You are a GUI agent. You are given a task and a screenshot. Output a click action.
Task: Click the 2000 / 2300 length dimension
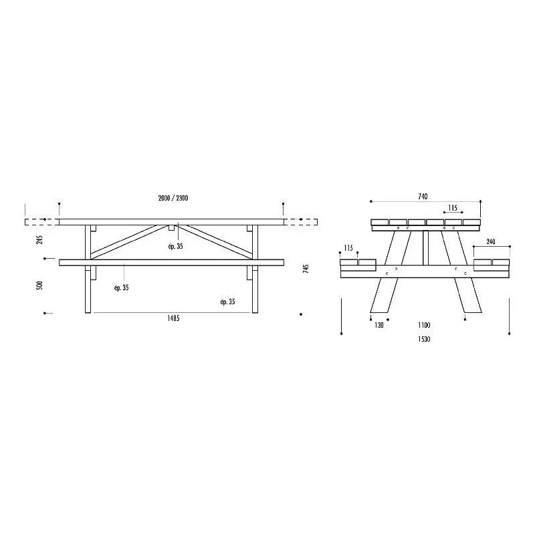coord(173,198)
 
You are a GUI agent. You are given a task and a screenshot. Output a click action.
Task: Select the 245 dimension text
coord(40,239)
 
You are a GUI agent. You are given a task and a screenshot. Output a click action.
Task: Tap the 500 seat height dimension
coord(40,286)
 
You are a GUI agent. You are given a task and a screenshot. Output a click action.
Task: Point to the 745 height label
coord(306,269)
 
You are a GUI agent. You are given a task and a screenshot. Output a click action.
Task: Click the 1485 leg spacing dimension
coord(173,318)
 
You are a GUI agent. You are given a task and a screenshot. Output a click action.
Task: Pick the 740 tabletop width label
coord(423,197)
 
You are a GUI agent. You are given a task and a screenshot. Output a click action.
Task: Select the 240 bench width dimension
coord(491,242)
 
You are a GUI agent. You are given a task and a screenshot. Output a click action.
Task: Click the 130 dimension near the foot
coord(379,325)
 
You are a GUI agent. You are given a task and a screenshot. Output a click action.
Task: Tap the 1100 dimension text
coord(424,325)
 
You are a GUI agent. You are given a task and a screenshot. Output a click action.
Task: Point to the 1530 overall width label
coord(424,339)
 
